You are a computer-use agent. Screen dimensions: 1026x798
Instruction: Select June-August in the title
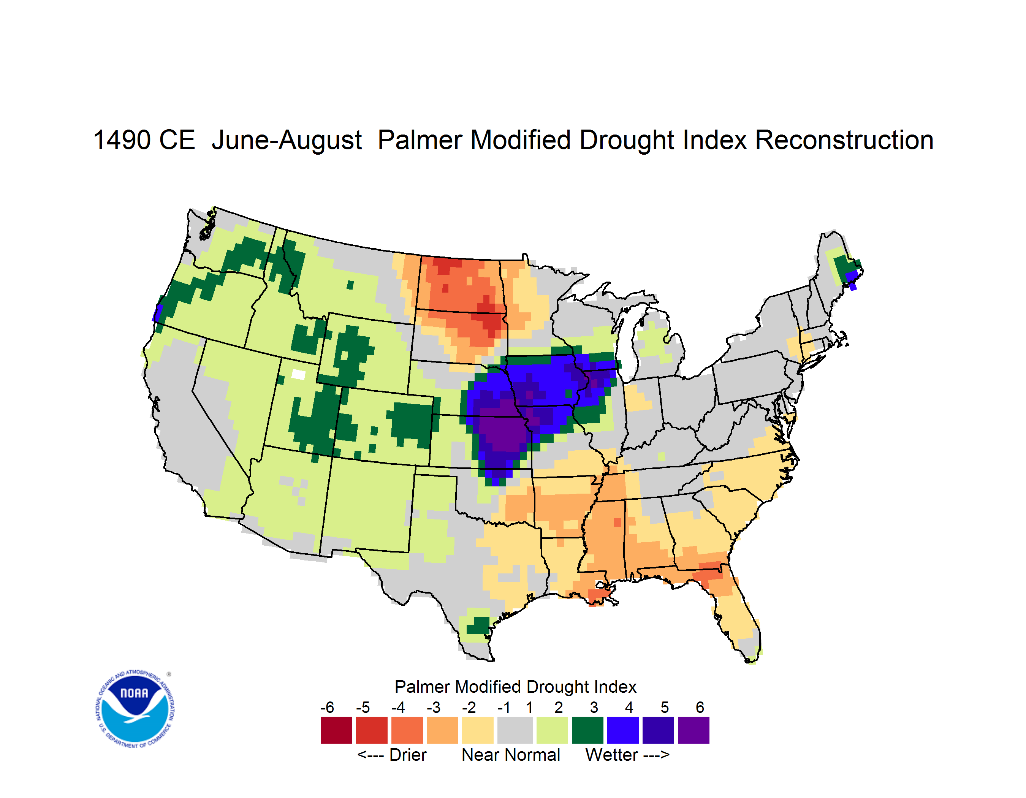pos(287,141)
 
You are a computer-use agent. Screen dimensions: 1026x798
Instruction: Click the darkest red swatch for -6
pos(336,730)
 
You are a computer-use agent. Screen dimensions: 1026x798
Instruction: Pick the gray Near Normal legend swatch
pos(515,730)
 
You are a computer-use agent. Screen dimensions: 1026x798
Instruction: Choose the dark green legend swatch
pos(587,730)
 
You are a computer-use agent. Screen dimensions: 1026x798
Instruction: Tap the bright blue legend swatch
pos(623,730)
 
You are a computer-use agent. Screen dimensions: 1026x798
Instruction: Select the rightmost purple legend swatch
pos(693,730)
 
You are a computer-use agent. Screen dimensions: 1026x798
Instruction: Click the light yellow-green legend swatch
pos(552,730)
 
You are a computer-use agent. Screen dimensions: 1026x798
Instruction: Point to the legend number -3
pos(433,707)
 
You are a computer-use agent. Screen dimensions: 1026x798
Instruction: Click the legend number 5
pos(665,707)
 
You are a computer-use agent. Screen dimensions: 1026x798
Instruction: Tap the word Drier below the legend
pos(408,755)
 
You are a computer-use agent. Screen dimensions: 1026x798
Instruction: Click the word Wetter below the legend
pos(612,755)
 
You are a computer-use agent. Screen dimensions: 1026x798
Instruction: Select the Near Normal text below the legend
pos(511,755)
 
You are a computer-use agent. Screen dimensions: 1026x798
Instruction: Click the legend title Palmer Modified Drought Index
pos(515,687)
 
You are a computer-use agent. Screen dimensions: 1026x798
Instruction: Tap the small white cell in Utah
pos(298,374)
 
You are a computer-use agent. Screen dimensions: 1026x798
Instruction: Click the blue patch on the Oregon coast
pos(157,313)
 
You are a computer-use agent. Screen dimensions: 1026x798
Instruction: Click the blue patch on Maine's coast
pos(852,279)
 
